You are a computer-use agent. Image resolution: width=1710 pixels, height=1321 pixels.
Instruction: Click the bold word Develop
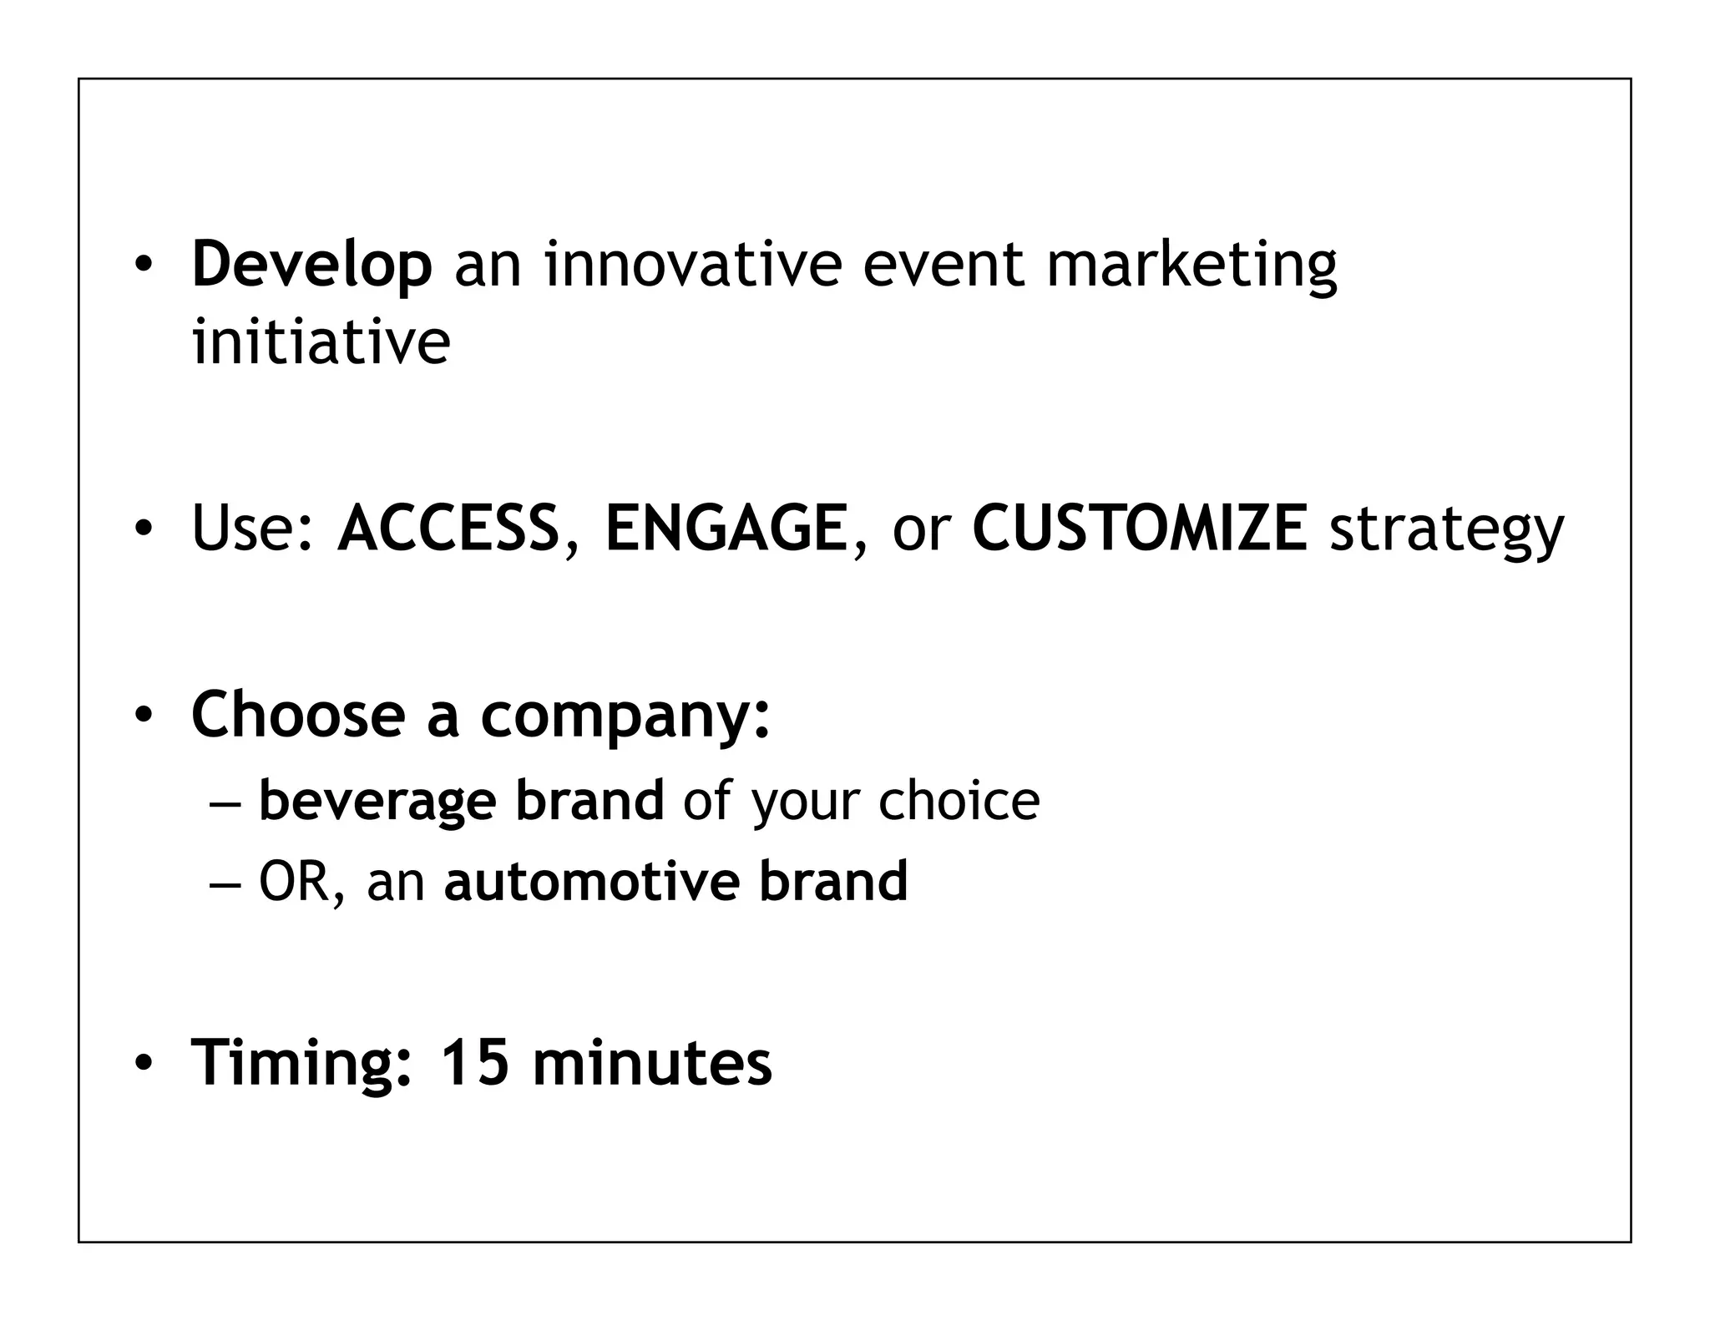pos(311,266)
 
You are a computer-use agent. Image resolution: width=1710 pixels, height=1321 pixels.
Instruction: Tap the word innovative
pos(692,264)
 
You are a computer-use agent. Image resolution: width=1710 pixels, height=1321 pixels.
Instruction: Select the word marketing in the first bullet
pos(1191,266)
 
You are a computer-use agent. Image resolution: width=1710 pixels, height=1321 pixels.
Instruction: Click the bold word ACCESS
pos(448,528)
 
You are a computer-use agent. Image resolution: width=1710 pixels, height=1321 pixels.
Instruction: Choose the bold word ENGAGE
pos(726,528)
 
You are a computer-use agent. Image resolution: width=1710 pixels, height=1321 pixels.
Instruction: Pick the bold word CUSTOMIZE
pos(1140,528)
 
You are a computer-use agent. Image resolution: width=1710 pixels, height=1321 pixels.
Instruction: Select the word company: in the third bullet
pos(625,716)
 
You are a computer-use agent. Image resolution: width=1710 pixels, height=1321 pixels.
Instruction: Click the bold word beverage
pos(377,801)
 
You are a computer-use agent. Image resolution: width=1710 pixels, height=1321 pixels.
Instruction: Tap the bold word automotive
pos(591,882)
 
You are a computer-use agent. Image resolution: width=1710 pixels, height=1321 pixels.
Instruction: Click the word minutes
pos(651,1063)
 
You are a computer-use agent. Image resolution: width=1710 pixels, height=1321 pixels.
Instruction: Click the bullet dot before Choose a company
pos(144,716)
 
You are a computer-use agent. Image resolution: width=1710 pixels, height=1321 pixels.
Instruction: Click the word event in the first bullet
pos(942,264)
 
